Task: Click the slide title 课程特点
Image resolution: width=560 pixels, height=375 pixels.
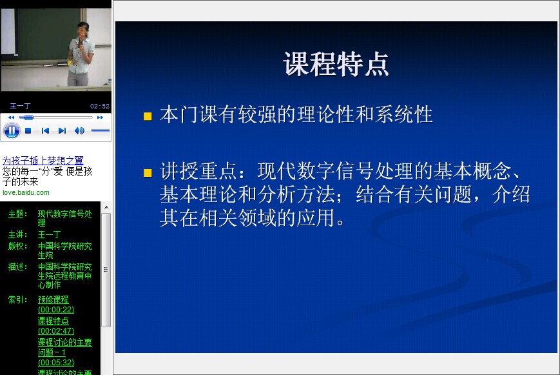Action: (x=336, y=64)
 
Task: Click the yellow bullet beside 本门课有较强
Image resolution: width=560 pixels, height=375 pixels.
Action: (x=148, y=116)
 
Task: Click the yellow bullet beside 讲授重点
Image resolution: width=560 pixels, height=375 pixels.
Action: (x=148, y=173)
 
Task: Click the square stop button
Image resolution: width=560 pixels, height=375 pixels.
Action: (x=28, y=130)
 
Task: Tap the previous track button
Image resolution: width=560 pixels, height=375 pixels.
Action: (x=45, y=130)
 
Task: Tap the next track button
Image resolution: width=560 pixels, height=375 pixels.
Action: (x=62, y=130)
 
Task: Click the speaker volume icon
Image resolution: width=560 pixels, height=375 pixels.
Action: (x=79, y=130)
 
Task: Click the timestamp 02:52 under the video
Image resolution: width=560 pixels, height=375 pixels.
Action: (x=100, y=106)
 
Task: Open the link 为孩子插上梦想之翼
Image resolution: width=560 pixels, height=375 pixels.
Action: (x=43, y=160)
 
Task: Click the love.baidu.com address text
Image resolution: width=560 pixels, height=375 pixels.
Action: (x=26, y=192)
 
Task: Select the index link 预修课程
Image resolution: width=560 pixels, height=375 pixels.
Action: (x=53, y=299)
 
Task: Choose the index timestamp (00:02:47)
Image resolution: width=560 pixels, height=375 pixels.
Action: (x=56, y=330)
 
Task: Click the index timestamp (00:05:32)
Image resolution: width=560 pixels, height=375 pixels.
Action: (x=56, y=363)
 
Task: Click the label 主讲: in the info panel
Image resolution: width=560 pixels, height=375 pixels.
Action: (x=18, y=235)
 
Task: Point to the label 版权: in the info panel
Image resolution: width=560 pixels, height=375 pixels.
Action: (x=18, y=246)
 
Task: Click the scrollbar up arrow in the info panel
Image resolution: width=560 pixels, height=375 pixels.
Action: (x=106, y=207)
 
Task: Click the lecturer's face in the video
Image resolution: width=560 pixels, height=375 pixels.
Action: (x=83, y=31)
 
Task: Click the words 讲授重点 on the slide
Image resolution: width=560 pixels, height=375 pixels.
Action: (x=198, y=171)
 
